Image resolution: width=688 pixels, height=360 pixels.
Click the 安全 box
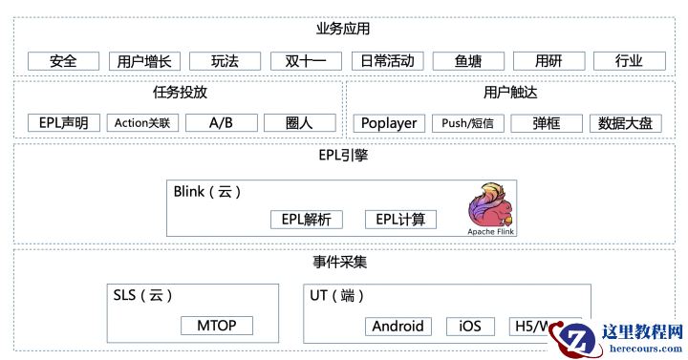pyautogui.click(x=64, y=61)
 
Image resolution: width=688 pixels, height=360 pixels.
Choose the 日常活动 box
pyautogui.click(x=387, y=61)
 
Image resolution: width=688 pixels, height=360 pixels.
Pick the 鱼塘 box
pyautogui.click(x=467, y=61)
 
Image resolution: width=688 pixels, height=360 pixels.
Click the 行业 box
pyautogui.click(x=629, y=61)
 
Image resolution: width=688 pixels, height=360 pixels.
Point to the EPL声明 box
pyautogui.click(x=64, y=122)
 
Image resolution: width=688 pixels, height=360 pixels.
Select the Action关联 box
pyautogui.click(x=141, y=122)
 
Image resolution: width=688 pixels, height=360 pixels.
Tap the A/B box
pyautogui.click(x=221, y=122)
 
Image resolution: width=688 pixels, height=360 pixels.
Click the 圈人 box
pyautogui.click(x=299, y=122)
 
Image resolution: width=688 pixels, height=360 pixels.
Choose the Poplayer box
pyautogui.click(x=390, y=122)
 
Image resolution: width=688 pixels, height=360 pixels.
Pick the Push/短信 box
pyautogui.click(x=467, y=122)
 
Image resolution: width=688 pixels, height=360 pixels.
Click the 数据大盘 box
pyautogui.click(x=625, y=122)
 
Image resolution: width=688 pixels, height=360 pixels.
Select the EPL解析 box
pyautogui.click(x=306, y=220)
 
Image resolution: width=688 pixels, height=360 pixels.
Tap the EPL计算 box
pyautogui.click(x=400, y=220)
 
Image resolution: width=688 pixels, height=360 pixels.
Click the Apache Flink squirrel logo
pyautogui.click(x=487, y=208)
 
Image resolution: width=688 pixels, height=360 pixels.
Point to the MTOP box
pyautogui.click(x=217, y=326)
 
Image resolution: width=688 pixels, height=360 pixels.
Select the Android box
pyautogui.click(x=398, y=326)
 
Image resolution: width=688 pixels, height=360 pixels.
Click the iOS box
pyautogui.click(x=470, y=326)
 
